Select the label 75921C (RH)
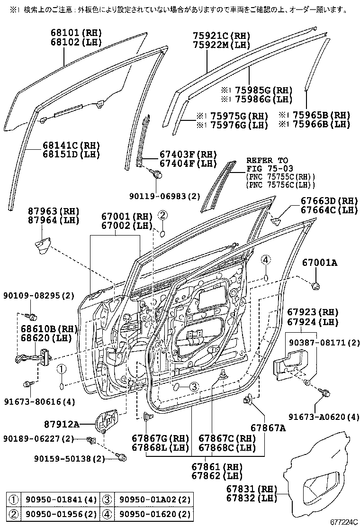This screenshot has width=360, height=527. (221, 36)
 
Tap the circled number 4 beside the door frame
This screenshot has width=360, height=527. (266, 259)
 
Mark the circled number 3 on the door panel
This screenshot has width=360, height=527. (193, 387)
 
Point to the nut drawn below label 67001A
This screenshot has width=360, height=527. (315, 285)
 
